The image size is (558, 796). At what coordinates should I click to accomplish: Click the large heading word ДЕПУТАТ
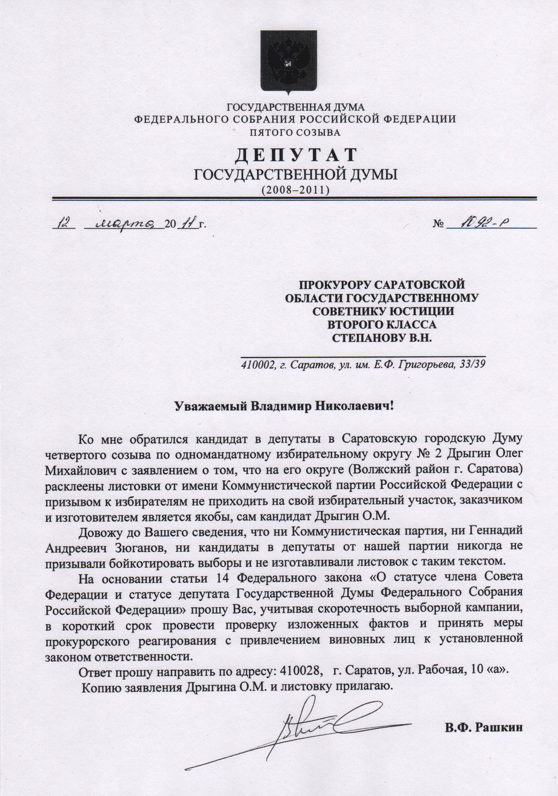point(296,155)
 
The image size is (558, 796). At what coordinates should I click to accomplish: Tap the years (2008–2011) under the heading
point(295,190)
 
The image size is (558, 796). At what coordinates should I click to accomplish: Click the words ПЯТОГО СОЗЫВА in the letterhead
point(295,132)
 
